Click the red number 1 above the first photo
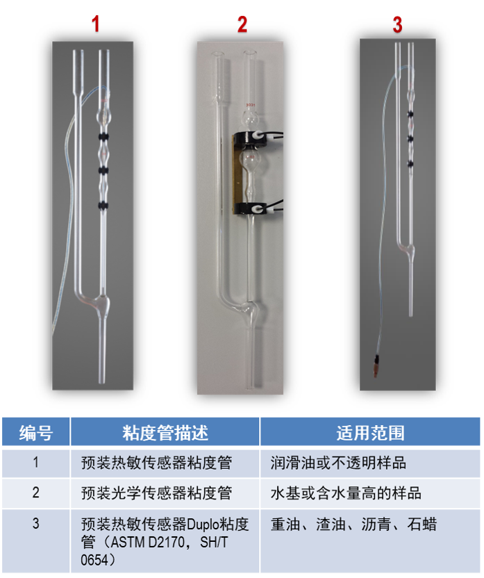tap(96, 24)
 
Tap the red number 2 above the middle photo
tap(242, 24)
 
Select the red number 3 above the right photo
tap(397, 25)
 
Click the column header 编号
tap(35, 432)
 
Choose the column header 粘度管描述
tap(165, 432)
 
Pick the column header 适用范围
tap(370, 432)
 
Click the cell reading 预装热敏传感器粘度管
tap(156, 463)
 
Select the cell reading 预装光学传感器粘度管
tap(156, 493)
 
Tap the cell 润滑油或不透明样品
tap(338, 463)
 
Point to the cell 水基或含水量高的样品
tap(346, 493)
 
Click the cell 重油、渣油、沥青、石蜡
tap(353, 524)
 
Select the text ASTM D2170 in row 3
tap(148, 543)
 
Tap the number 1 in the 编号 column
tap(35, 462)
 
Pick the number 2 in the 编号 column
tap(35, 493)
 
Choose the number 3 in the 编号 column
tap(35, 523)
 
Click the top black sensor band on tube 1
tap(103, 137)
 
